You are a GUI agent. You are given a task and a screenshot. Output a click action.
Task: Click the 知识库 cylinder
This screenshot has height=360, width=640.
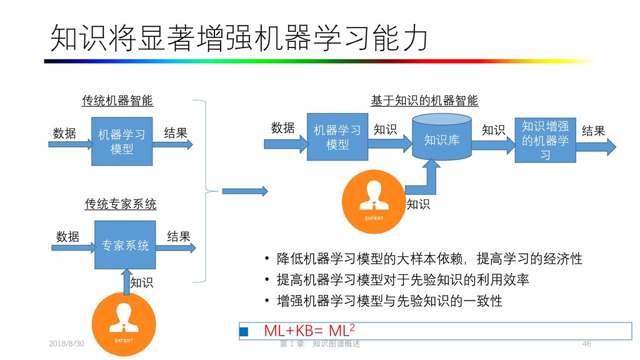pyautogui.click(x=442, y=139)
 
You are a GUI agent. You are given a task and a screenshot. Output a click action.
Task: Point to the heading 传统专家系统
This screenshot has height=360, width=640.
pyautogui.click(x=121, y=204)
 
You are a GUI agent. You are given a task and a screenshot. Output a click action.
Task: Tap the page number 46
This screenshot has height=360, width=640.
pyautogui.click(x=586, y=344)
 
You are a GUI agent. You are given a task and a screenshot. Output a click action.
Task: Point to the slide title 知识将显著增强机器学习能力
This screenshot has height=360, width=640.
pyautogui.click(x=239, y=39)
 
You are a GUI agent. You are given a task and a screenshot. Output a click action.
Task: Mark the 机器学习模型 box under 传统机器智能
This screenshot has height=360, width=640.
pyautogui.click(x=122, y=141)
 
